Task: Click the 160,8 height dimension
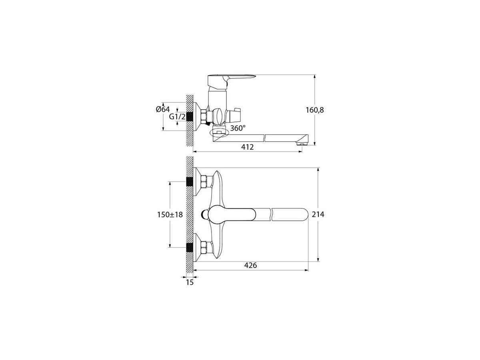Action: click(314, 110)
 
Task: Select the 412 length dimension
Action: click(247, 147)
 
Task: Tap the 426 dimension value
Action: click(250, 265)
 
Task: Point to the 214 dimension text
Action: click(318, 214)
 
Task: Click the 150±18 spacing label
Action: click(170, 215)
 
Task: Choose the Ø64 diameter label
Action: click(163, 109)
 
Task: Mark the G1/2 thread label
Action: click(177, 117)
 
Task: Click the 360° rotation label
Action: click(238, 128)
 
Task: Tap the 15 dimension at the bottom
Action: click(190, 282)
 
